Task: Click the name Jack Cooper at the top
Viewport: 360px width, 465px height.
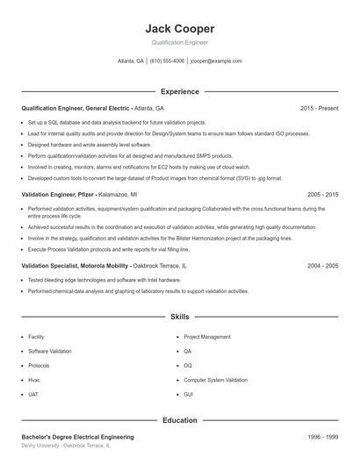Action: point(179,28)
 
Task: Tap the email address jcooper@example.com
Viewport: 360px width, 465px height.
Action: point(216,61)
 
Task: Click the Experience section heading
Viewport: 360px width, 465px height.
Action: point(179,91)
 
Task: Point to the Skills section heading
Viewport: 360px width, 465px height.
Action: point(179,316)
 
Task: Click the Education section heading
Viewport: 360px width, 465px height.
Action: point(179,420)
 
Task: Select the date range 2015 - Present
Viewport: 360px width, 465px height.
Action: point(319,108)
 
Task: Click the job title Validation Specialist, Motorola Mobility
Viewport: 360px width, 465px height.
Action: point(75,265)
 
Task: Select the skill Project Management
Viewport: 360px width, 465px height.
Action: point(207,337)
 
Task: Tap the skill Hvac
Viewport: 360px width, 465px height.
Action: point(35,380)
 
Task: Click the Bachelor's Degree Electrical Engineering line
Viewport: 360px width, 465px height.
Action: point(78,436)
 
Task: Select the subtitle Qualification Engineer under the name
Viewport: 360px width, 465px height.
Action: point(179,42)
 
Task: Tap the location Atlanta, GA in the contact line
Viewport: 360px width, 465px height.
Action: point(131,61)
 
